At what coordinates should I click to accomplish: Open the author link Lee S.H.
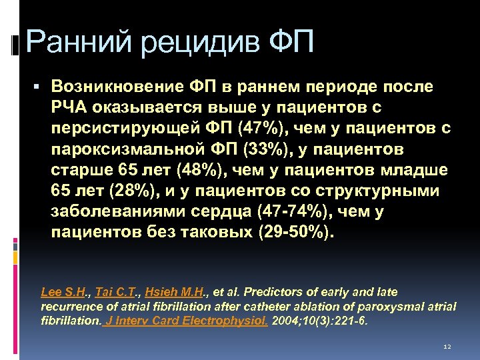coord(65,291)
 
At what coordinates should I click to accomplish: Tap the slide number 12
coord(447,347)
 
